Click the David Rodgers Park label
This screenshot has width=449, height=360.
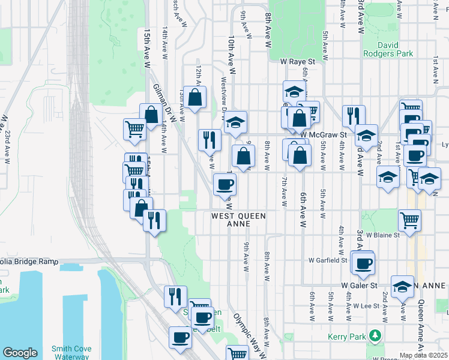(x=387, y=49)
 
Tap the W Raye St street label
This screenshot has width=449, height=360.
(x=298, y=61)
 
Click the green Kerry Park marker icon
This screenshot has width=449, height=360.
(x=375, y=334)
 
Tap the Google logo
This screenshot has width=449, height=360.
(x=20, y=353)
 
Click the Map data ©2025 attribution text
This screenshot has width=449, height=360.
(x=423, y=355)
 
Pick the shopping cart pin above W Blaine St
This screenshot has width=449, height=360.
(x=409, y=219)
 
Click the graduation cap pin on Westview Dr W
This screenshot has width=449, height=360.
(x=236, y=122)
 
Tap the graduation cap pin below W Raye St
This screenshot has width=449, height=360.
(x=294, y=92)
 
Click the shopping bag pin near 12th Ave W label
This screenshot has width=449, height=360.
(x=195, y=97)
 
